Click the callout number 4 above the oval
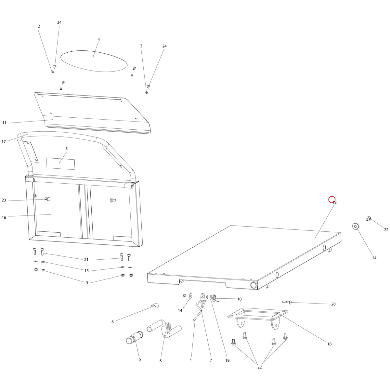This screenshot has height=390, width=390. point(98,40)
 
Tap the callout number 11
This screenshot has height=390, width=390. point(5,123)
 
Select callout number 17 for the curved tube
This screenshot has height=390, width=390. point(4,142)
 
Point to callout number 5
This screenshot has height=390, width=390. point(67,149)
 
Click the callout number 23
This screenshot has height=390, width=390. point(4,200)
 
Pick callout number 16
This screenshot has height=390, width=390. point(4,217)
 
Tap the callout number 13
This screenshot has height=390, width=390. point(374,257)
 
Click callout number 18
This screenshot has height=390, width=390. point(330,344)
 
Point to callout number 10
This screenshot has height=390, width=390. point(240,299)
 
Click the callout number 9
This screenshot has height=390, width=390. point(140,360)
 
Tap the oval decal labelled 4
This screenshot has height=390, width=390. point(94,61)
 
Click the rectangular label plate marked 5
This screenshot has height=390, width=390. point(61,164)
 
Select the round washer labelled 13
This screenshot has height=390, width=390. point(356,226)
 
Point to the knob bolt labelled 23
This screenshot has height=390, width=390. point(47,199)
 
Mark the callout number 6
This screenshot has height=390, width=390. point(112,322)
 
